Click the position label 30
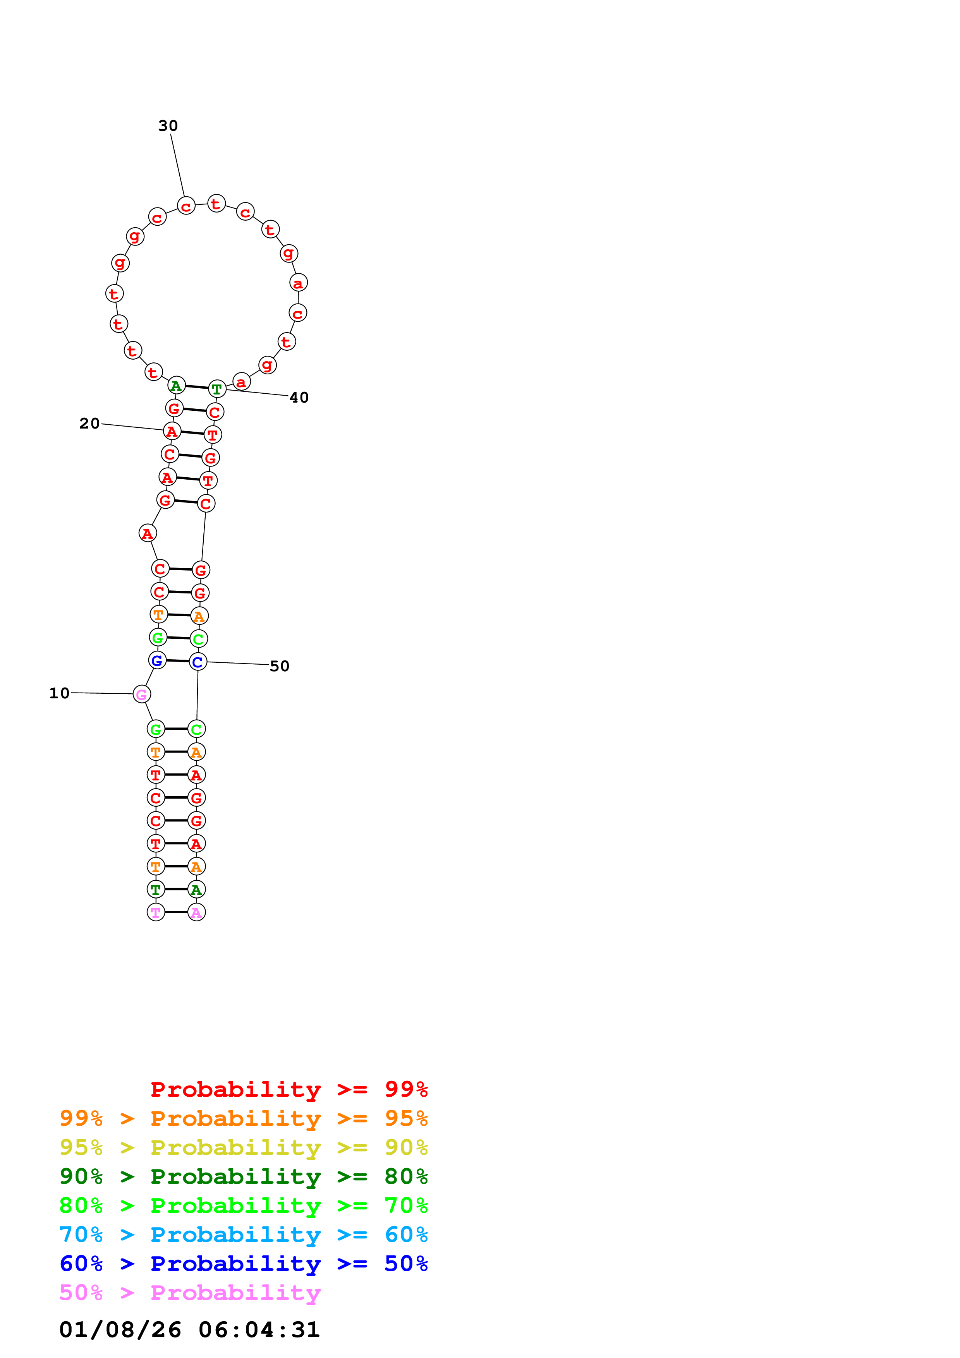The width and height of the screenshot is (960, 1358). pyautogui.click(x=168, y=125)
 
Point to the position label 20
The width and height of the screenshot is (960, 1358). pyautogui.click(x=89, y=424)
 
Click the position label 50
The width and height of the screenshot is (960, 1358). pyautogui.click(x=279, y=666)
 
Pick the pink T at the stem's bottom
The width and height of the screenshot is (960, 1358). pyautogui.click(x=156, y=912)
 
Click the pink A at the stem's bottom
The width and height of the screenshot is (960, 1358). pyautogui.click(x=196, y=912)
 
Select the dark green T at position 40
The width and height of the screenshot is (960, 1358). pyautogui.click(x=217, y=389)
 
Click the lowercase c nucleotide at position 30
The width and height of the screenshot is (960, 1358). pyautogui.click(x=186, y=206)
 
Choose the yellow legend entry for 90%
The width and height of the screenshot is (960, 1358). pyautogui.click(x=243, y=1147)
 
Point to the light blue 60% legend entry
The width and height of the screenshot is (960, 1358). pyautogui.click(x=243, y=1235)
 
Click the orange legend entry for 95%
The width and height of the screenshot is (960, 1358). pyautogui.click(x=243, y=1118)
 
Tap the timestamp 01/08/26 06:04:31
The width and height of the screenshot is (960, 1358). pyautogui.click(x=189, y=1329)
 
